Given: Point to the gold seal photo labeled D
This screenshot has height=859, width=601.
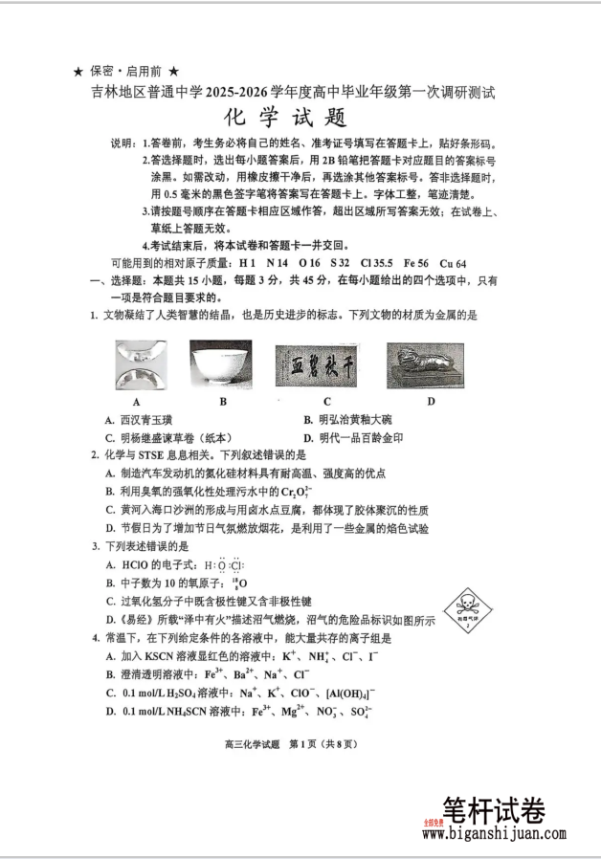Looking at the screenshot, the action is [425, 365].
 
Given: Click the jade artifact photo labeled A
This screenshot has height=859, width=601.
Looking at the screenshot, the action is [140, 365].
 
